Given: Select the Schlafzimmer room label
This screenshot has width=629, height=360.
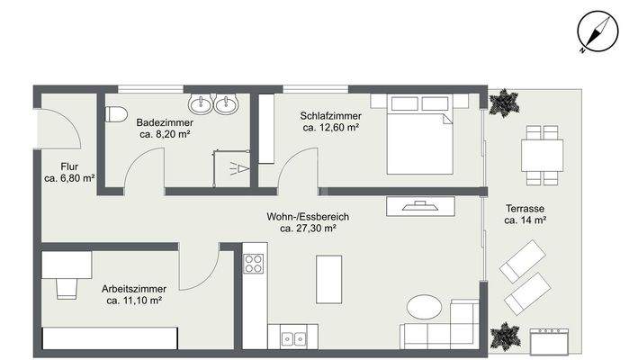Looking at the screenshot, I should click(332, 116).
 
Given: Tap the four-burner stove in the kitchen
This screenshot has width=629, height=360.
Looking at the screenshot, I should click(255, 263).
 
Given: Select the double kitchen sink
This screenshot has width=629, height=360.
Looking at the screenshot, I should click(292, 338).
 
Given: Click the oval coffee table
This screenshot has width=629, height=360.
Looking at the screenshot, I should click(424, 307).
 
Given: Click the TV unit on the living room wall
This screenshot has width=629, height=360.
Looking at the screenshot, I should click(421, 206).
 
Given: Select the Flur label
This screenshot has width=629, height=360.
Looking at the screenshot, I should click(70, 166).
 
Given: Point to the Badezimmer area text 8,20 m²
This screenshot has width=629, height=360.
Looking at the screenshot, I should click(164, 134).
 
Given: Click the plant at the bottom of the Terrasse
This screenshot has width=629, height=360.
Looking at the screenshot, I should click(505, 335).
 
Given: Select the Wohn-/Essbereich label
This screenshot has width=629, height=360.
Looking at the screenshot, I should click(308, 217).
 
